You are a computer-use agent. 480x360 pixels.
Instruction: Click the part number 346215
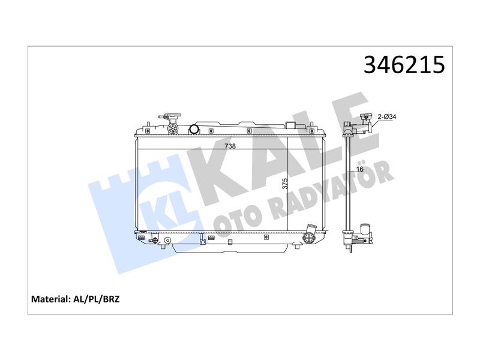[404, 65]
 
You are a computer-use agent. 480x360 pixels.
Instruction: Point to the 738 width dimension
[230, 146]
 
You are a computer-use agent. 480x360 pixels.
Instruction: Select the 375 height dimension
[285, 184]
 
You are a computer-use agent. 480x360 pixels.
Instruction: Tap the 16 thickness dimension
[359, 169]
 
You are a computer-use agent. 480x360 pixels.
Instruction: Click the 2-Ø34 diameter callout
[387, 116]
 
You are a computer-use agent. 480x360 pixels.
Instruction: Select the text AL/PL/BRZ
[97, 299]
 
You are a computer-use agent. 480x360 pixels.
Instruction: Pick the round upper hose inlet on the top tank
[194, 129]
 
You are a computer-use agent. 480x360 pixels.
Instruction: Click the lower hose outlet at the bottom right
[310, 235]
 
